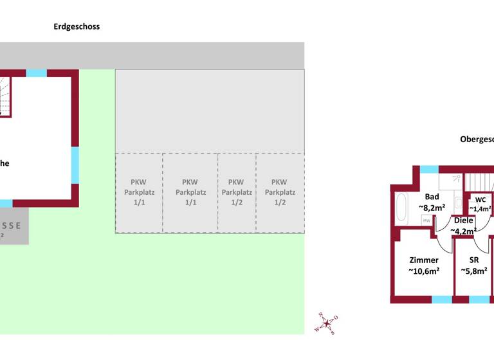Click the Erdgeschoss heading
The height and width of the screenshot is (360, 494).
tap(77, 27)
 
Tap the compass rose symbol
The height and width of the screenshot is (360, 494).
tap(327, 323)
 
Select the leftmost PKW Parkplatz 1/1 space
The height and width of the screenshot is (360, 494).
tap(139, 192)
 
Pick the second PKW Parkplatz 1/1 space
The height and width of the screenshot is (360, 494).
tap(190, 192)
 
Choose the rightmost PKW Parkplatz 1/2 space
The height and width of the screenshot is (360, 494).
tap(280, 192)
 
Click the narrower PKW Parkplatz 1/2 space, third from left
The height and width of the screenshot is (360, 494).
tap(236, 192)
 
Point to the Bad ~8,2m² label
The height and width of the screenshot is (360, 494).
tap(431, 203)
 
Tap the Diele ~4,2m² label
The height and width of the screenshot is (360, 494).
tap(463, 226)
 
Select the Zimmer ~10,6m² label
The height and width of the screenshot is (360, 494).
tap(424, 265)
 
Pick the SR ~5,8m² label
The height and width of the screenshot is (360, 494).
tap(474, 265)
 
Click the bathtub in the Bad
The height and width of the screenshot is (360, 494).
tap(401, 210)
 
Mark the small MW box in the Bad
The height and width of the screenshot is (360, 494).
tap(426, 221)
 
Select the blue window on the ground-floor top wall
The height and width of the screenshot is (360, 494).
tap(37, 73)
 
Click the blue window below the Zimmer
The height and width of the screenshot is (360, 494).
tap(441, 300)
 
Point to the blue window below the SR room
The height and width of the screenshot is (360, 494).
tap(479, 300)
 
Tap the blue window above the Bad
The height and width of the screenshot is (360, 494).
tap(429, 169)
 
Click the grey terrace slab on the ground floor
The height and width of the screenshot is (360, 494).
tap(14, 226)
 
